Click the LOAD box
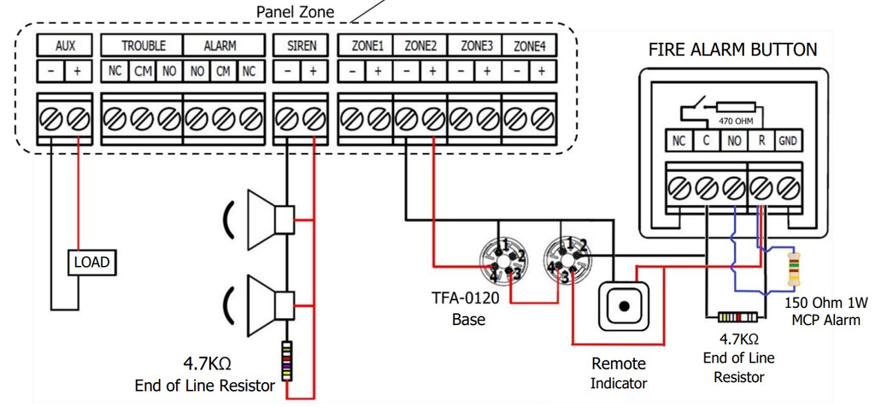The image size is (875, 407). click(x=91, y=262)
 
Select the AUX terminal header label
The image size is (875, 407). click(x=65, y=46)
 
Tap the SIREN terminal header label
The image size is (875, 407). click(x=300, y=46)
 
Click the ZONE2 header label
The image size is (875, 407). click(x=420, y=46)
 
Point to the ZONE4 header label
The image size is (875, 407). click(x=529, y=46)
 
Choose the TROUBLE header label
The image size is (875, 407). click(x=143, y=46)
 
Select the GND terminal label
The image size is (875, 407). click(x=787, y=141)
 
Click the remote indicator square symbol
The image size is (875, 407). click(x=625, y=306)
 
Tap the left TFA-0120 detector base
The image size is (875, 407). click(x=502, y=260)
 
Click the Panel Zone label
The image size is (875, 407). click(x=296, y=11)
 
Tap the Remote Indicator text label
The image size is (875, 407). click(x=618, y=374)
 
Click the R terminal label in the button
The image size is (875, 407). click(x=760, y=141)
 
